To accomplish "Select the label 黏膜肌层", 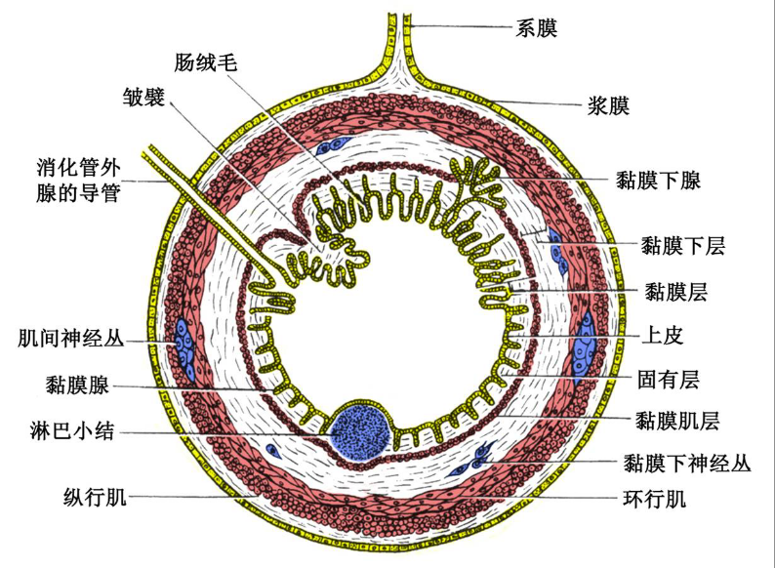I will click(x=677, y=421).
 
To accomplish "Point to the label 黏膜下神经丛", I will click(x=687, y=464).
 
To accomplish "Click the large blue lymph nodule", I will click(x=361, y=429).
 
